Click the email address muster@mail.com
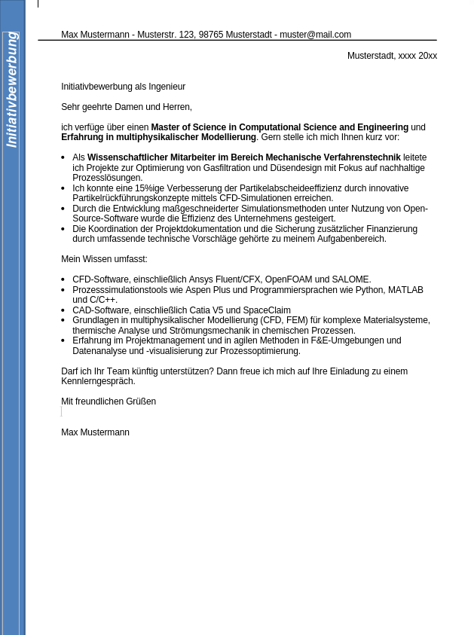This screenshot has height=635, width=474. (x=315, y=35)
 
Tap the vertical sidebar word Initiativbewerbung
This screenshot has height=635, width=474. (x=11, y=90)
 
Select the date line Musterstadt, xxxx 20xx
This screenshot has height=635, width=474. (x=392, y=56)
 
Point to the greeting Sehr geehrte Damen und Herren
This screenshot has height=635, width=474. (x=127, y=107)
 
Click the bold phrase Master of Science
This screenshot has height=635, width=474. (x=189, y=127)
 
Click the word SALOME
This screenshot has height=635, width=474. (x=350, y=279)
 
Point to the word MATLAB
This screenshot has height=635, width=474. (x=405, y=290)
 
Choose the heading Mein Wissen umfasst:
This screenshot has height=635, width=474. (x=104, y=259)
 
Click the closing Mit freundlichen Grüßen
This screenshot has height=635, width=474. (x=109, y=401)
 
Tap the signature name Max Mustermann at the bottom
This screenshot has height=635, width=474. (x=95, y=432)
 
